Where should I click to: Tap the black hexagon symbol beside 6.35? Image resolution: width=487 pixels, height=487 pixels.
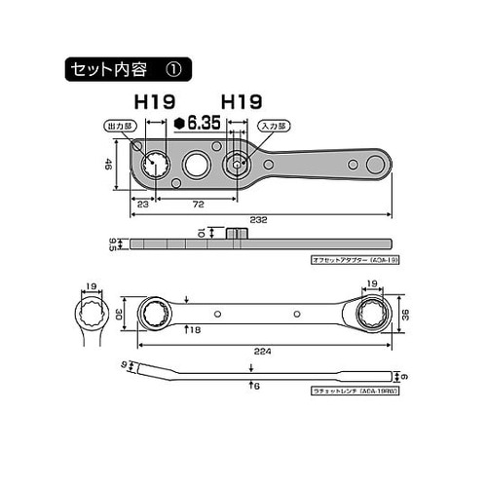click(x=180, y=123)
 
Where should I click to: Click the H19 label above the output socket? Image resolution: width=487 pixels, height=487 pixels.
click(x=154, y=101)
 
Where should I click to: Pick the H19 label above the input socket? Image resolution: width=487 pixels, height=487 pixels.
click(x=240, y=101)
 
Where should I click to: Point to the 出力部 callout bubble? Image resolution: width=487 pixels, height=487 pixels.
click(x=119, y=127)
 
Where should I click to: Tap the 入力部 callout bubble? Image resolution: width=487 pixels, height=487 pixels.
click(x=270, y=127)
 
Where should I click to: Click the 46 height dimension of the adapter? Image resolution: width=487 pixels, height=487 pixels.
click(x=111, y=167)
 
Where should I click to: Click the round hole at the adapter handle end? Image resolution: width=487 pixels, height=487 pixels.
click(x=371, y=163)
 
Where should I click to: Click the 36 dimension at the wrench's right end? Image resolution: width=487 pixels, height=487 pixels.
click(x=403, y=314)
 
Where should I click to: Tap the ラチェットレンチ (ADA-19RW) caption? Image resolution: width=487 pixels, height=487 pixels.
click(x=353, y=390)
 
